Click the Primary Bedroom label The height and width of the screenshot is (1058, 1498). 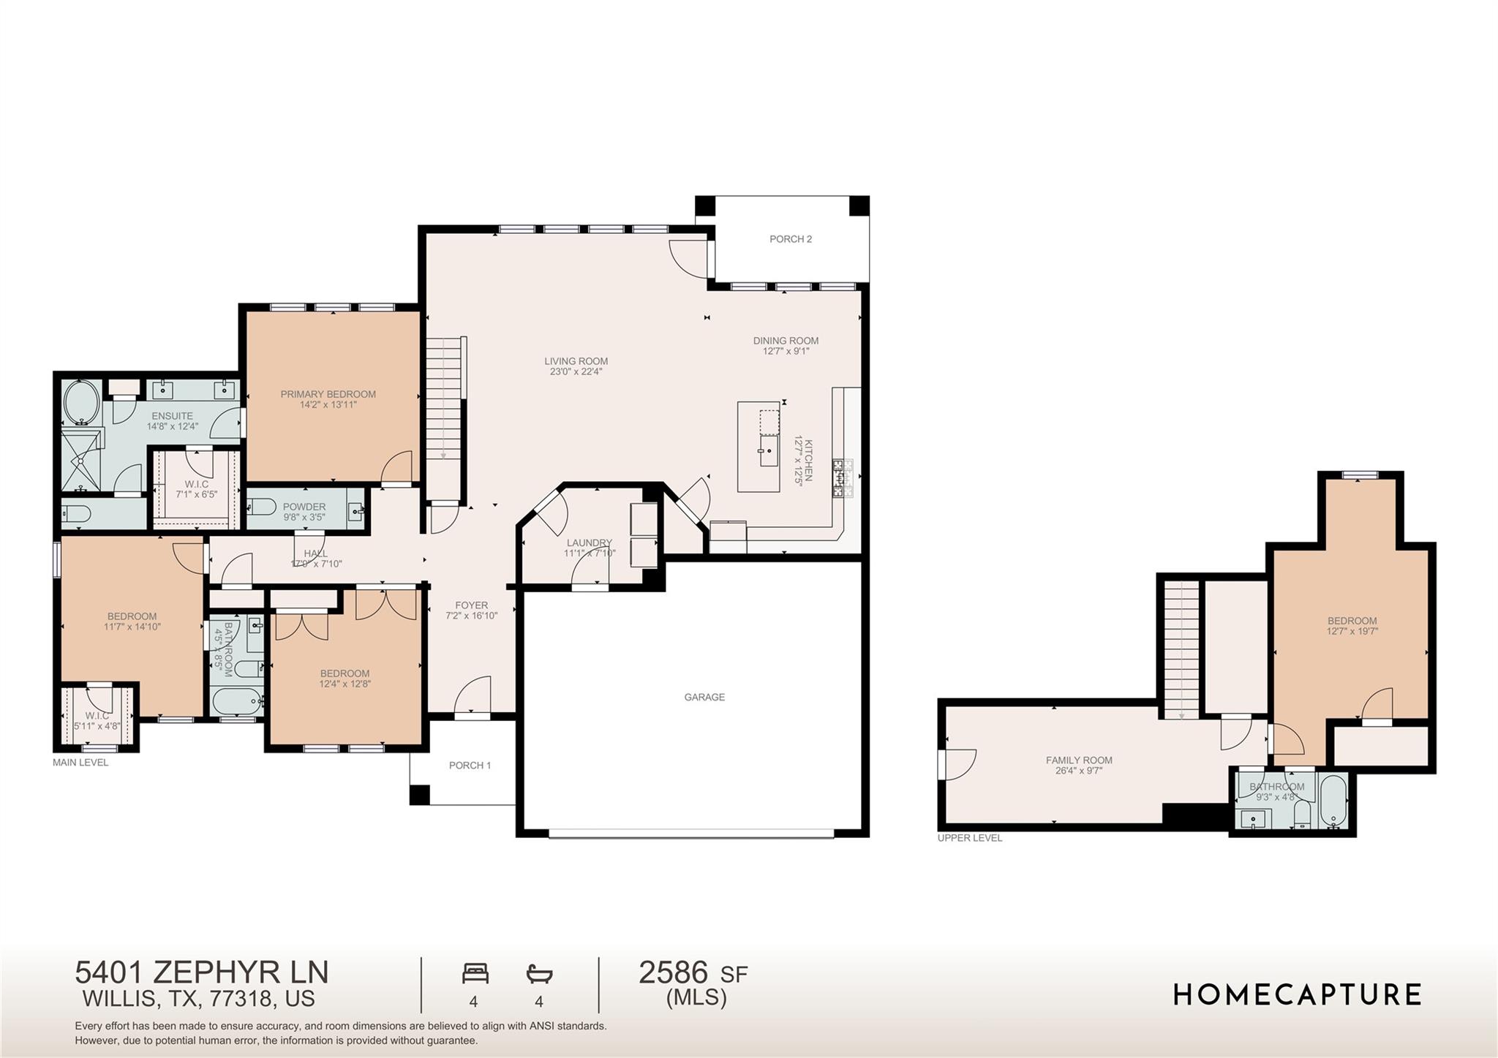[x=328, y=394]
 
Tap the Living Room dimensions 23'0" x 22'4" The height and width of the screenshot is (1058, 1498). [x=576, y=371]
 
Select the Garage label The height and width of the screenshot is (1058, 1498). [x=704, y=697]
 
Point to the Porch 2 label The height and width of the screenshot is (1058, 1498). [x=790, y=239]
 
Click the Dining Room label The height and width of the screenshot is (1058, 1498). [x=786, y=341]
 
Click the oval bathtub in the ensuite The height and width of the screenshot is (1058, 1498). [x=81, y=402]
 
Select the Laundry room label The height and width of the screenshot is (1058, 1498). [x=589, y=543]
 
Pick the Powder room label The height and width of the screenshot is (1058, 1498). [x=304, y=507]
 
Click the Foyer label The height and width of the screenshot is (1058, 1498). [x=471, y=605]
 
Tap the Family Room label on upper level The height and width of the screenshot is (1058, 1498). [x=1078, y=760]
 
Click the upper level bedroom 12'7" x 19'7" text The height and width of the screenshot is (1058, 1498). [x=1352, y=631]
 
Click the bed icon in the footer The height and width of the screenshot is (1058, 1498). [x=475, y=973]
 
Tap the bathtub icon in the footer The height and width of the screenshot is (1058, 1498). [x=539, y=973]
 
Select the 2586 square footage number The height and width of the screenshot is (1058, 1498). [x=673, y=972]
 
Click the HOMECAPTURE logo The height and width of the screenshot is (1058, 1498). [x=1297, y=994]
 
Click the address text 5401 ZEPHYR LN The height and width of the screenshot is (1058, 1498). [x=202, y=972]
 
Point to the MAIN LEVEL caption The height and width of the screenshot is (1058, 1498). [x=80, y=763]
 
